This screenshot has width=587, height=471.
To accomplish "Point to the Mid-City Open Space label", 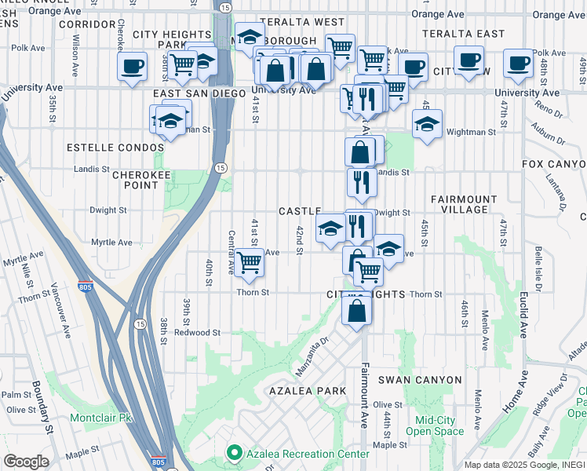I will (x=434, y=425).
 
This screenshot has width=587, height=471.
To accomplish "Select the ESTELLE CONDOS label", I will (x=112, y=148).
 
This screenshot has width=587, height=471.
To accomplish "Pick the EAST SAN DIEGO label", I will (x=188, y=93).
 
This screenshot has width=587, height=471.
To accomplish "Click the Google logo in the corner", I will (x=26, y=462).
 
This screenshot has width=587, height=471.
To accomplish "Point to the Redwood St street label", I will (x=197, y=332).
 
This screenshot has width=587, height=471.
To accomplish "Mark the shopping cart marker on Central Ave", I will (x=249, y=263).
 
